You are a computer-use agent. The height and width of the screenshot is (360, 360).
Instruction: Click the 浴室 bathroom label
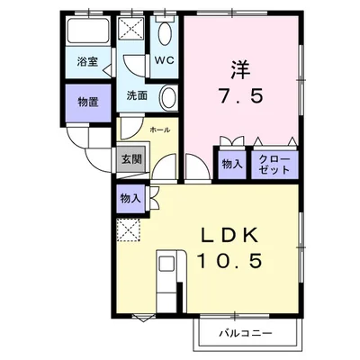tap(87, 62)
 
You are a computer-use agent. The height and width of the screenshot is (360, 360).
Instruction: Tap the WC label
tap(164, 60)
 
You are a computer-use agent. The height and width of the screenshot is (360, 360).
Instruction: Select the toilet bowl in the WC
tap(164, 33)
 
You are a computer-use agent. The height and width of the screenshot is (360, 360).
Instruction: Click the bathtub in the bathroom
tap(88, 31)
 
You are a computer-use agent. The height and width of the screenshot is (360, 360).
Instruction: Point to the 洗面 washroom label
tap(137, 95)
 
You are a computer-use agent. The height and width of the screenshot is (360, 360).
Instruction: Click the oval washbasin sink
tap(168, 97)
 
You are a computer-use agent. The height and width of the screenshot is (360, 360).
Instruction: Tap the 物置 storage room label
tap(88, 103)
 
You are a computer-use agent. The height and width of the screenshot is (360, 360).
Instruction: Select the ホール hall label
tap(160, 130)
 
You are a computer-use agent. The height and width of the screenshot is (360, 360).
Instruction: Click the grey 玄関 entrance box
tap(131, 159)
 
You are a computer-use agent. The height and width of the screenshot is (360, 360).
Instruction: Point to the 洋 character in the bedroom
tap(240, 69)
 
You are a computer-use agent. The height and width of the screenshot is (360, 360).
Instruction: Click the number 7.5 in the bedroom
tap(241, 96)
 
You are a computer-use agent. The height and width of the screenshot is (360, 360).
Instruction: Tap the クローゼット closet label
tap(274, 165)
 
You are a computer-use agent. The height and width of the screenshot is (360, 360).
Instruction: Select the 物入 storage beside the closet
tap(232, 164)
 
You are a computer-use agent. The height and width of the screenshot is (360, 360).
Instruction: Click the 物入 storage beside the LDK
tap(130, 198)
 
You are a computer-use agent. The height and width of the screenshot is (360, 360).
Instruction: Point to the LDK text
tap(230, 236)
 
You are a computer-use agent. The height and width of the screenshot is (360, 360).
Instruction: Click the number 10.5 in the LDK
tap(229, 260)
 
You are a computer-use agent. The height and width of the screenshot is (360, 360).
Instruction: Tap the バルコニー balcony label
tap(246, 333)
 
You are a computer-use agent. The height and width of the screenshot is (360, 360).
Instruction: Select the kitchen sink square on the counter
tap(166, 265)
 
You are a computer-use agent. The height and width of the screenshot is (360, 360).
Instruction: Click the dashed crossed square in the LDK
tap(129, 230)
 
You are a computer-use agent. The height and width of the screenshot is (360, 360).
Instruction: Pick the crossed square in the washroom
tap(130, 29)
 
